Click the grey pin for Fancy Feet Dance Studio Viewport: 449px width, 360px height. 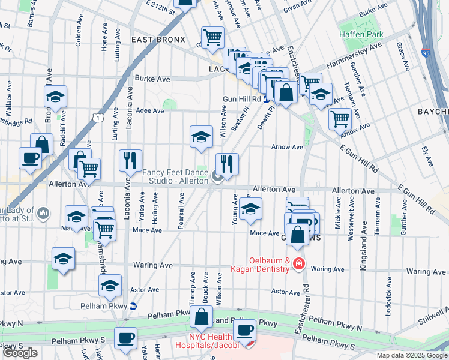tap(217, 176)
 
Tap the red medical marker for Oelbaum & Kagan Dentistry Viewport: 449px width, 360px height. tap(299, 265)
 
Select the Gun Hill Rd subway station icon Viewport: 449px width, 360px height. tap(266, 99)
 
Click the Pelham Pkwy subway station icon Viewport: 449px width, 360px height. tap(134, 306)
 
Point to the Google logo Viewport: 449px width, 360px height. tap(20, 353)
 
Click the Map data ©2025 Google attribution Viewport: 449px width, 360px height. tap(412, 355)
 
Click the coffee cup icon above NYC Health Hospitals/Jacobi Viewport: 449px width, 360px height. tap(244, 329)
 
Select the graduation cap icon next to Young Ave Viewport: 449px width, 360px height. tap(250, 209)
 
